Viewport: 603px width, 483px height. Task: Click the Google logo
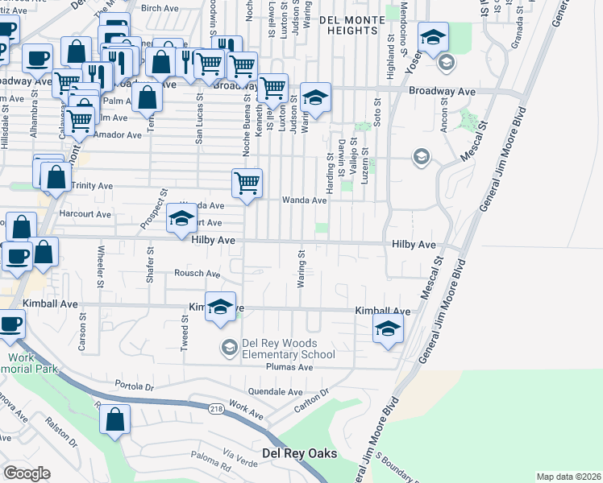pyautogui.click(x=27, y=473)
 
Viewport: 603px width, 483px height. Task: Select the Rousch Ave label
pyautogui.click(x=198, y=274)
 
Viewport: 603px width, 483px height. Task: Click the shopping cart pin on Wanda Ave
pyautogui.click(x=247, y=184)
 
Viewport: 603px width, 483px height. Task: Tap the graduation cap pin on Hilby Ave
pyautogui.click(x=181, y=220)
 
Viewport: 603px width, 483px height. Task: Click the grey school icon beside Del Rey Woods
pyautogui.click(x=229, y=348)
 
